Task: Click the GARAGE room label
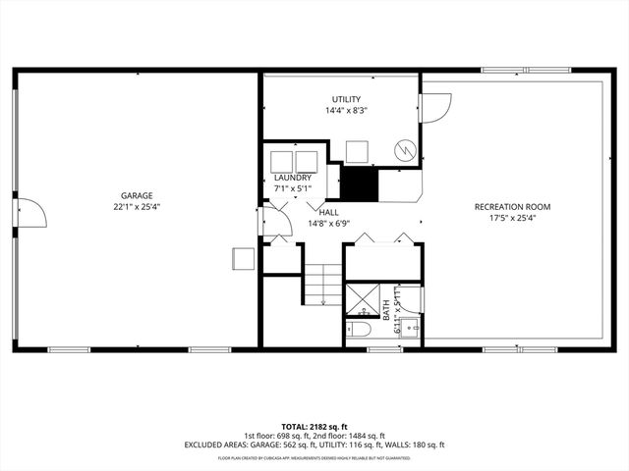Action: (138, 195)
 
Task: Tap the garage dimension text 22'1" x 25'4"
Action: (138, 207)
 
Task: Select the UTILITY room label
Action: (345, 99)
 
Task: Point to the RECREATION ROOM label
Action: (512, 207)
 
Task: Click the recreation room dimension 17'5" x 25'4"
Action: (512, 219)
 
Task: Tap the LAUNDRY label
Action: (292, 178)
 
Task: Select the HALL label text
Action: (329, 211)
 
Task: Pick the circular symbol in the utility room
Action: (404, 150)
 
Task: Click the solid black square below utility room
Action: (359, 183)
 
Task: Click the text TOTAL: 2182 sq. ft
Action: (314, 425)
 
